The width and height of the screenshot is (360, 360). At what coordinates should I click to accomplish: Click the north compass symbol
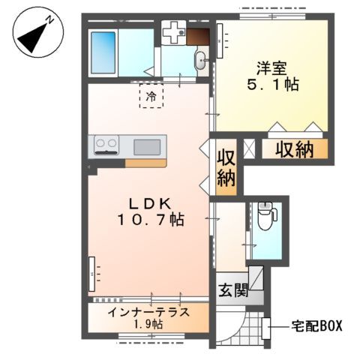(x=38, y=32)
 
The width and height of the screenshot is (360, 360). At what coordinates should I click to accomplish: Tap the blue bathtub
(x=103, y=52)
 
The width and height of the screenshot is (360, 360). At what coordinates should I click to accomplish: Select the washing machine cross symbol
(x=173, y=32)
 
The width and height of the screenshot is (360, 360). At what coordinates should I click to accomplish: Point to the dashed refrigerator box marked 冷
(x=151, y=96)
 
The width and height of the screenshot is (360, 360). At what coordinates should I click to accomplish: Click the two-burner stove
(x=106, y=145)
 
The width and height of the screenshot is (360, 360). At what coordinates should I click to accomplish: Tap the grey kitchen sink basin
(x=147, y=147)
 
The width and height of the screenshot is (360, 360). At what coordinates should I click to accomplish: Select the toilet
(x=267, y=216)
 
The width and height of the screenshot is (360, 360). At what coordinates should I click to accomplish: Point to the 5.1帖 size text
(x=273, y=84)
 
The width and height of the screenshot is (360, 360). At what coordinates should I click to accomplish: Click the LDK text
(x=150, y=205)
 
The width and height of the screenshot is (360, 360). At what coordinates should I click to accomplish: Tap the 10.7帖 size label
(x=151, y=220)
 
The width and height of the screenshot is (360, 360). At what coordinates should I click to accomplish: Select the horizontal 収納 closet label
(x=295, y=149)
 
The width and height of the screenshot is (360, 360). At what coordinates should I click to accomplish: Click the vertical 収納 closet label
(x=226, y=168)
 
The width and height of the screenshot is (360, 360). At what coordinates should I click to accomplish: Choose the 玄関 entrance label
(x=233, y=290)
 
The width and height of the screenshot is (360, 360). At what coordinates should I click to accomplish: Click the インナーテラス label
(x=148, y=312)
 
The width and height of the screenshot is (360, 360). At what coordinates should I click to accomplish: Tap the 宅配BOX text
(x=316, y=326)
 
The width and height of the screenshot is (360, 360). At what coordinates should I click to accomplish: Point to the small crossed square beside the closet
(x=249, y=149)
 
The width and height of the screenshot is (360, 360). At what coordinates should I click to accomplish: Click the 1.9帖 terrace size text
(x=148, y=324)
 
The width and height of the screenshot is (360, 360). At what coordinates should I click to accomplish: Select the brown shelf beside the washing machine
(x=198, y=37)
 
